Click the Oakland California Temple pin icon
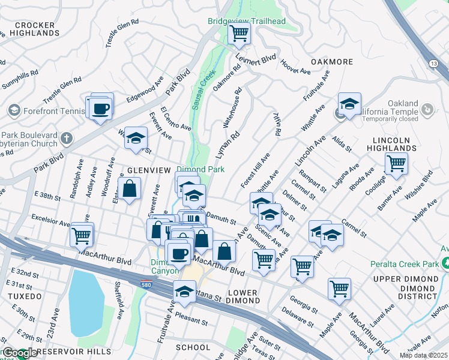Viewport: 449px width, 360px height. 427,109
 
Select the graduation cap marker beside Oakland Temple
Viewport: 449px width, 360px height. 349,104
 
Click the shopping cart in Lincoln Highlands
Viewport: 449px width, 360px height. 396,163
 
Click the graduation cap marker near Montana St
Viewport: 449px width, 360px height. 184,292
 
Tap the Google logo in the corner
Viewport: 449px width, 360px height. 20,353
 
